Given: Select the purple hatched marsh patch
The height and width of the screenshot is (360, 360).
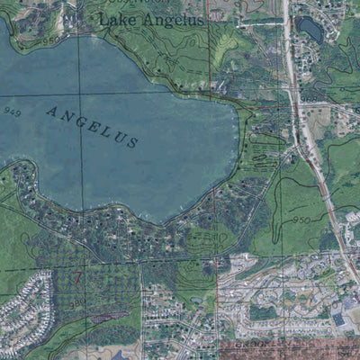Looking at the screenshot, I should [107, 316].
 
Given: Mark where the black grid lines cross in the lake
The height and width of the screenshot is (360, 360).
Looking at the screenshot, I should [78, 93].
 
